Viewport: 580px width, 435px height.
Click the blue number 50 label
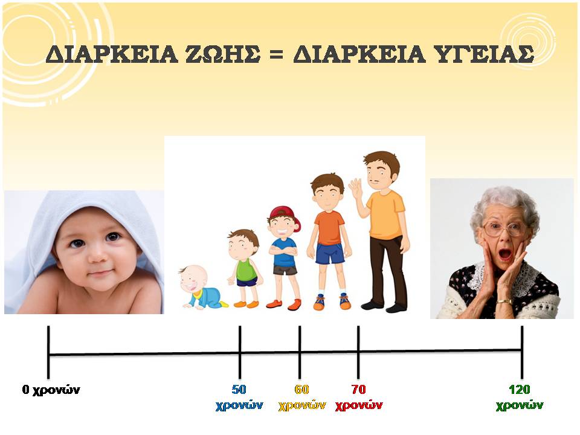tap(239, 390)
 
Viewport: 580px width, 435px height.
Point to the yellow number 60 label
tap(301, 390)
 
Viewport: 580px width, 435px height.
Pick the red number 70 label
tap(358, 390)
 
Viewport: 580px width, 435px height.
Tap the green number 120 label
tap(520, 390)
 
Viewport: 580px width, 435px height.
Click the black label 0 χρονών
tap(51, 390)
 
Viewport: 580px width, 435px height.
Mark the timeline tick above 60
tap(300, 352)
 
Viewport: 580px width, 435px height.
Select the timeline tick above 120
tap(522, 352)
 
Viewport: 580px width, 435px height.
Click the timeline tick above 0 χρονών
tap(48, 352)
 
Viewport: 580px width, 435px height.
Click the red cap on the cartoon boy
tap(285, 216)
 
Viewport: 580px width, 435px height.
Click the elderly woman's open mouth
tap(504, 254)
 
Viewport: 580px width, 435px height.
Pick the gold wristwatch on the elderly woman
tap(504, 302)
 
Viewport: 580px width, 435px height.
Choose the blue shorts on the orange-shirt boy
tap(330, 253)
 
